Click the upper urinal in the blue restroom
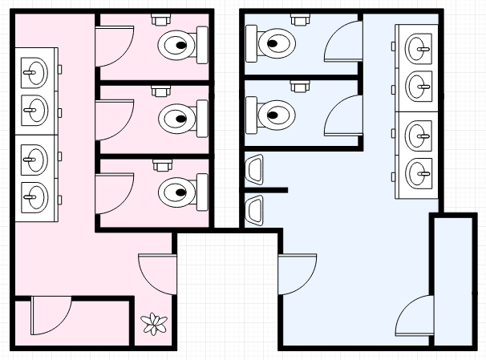tap(256, 168)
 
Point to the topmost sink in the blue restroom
tap(418, 48)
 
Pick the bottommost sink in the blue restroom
tap(418, 171)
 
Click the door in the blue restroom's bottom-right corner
tap(415, 317)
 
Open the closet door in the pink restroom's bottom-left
tap(51, 317)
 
